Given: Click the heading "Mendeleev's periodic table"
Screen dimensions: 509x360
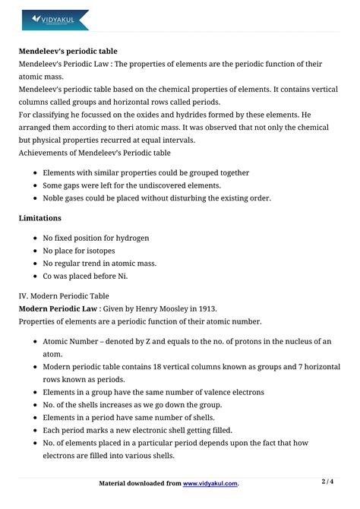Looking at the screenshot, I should pyautogui.click(x=68, y=52).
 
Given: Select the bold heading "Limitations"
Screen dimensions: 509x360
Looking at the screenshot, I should pyautogui.click(x=41, y=217).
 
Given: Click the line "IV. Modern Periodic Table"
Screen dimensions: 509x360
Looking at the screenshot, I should pyautogui.click(x=64, y=296).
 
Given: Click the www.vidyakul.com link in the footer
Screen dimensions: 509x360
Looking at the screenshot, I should pyautogui.click(x=210, y=483).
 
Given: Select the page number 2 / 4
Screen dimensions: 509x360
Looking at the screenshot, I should pyautogui.click(x=328, y=482).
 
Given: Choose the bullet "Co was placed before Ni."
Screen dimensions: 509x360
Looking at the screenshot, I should pyautogui.click(x=89, y=276).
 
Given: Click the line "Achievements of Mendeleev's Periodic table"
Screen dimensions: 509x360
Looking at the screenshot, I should pyautogui.click(x=95, y=153).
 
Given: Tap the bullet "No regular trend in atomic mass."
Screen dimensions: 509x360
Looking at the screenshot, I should pyautogui.click(x=99, y=263).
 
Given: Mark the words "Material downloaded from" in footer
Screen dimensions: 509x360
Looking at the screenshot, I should pyautogui.click(x=141, y=483).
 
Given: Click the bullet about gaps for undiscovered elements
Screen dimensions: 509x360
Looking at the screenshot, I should pyautogui.click(x=131, y=185).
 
